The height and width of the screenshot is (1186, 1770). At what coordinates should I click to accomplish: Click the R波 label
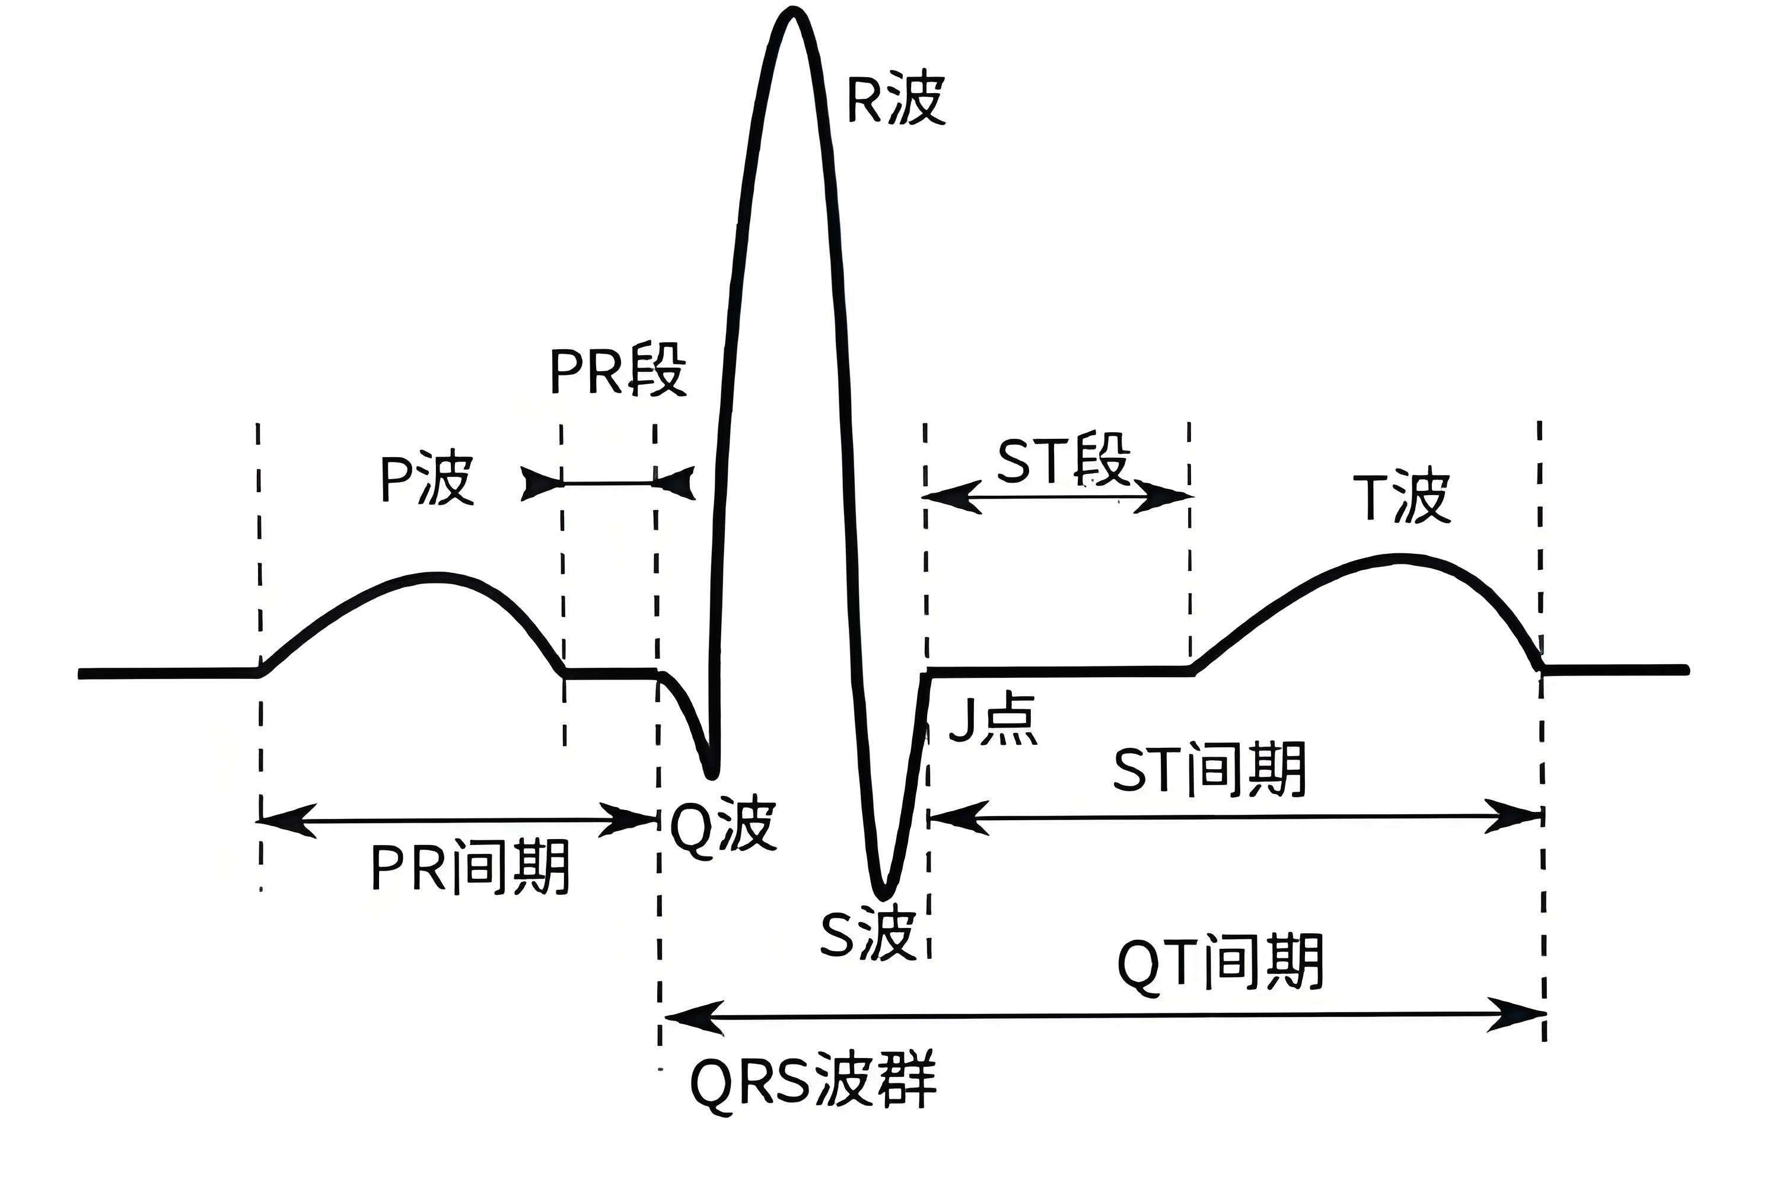click(x=896, y=99)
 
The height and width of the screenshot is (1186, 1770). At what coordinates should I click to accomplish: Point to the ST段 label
click(x=1064, y=459)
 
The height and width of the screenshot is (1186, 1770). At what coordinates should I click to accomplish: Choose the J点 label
click(x=992, y=719)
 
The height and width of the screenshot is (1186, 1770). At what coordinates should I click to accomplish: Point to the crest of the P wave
click(x=437, y=577)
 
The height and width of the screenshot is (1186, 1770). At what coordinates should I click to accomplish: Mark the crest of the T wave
click(x=1399, y=559)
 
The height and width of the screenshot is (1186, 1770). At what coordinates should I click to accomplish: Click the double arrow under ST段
click(x=1058, y=497)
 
